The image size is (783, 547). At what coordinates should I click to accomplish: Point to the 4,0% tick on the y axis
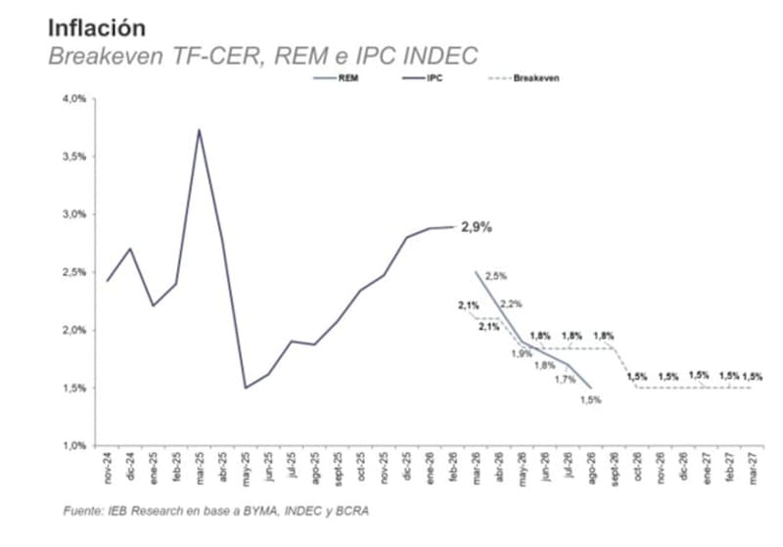[x=75, y=99]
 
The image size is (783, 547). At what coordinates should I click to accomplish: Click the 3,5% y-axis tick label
[x=75, y=157]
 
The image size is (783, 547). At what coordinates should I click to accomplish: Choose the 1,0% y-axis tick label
[x=75, y=446]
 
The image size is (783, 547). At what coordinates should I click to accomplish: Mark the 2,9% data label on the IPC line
[x=476, y=227]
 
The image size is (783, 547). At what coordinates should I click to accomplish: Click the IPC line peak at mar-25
[x=200, y=130]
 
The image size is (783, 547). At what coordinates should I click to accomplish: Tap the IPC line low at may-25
[x=246, y=387]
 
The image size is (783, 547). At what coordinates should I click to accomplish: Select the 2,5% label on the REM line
[x=495, y=277]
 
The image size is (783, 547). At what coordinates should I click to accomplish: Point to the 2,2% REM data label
[x=511, y=304]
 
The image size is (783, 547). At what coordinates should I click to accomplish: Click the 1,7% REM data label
[x=565, y=380]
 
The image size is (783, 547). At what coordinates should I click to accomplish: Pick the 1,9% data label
[x=522, y=353]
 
